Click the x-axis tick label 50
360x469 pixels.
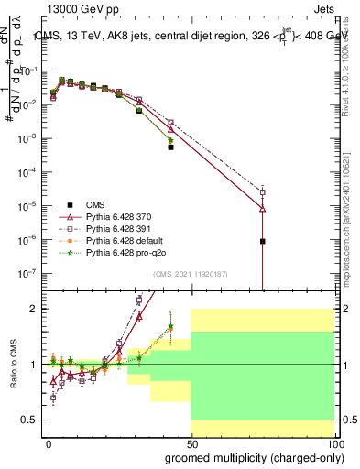pos(191,444)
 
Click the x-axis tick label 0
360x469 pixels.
pos(49,444)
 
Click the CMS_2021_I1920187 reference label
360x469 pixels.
pos(191,274)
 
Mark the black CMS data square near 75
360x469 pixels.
pos(263,242)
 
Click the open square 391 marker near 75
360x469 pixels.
pos(263,192)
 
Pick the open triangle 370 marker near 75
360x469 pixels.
pos(263,209)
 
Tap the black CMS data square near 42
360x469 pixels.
pos(170,147)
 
